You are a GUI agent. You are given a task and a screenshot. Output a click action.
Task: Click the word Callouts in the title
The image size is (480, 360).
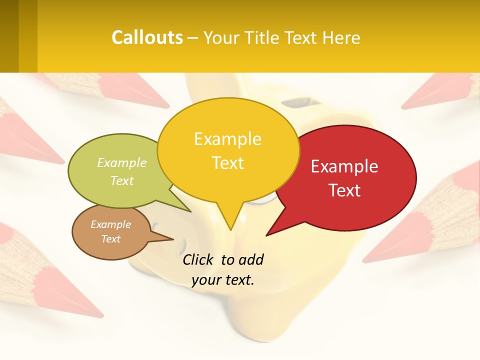coord(147,37)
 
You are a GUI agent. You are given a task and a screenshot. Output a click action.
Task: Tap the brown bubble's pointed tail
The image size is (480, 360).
coord(167,238)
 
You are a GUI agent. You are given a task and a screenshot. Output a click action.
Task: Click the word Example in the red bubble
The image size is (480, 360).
coord(344,166)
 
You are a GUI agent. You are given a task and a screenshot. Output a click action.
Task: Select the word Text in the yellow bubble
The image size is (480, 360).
coord(228,163)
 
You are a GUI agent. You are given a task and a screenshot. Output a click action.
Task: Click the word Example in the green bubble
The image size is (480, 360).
coord(122,163)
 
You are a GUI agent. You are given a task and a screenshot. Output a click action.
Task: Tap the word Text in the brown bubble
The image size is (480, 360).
coord(111,239)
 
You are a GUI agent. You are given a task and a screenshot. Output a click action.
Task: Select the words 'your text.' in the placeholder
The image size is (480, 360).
coord(223,280)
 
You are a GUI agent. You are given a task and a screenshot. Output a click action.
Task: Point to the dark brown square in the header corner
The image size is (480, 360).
coord(9,36)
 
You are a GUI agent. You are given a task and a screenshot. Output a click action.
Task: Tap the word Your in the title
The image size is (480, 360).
coord(222,38)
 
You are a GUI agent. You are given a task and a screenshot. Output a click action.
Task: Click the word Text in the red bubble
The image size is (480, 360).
coord(345,190)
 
